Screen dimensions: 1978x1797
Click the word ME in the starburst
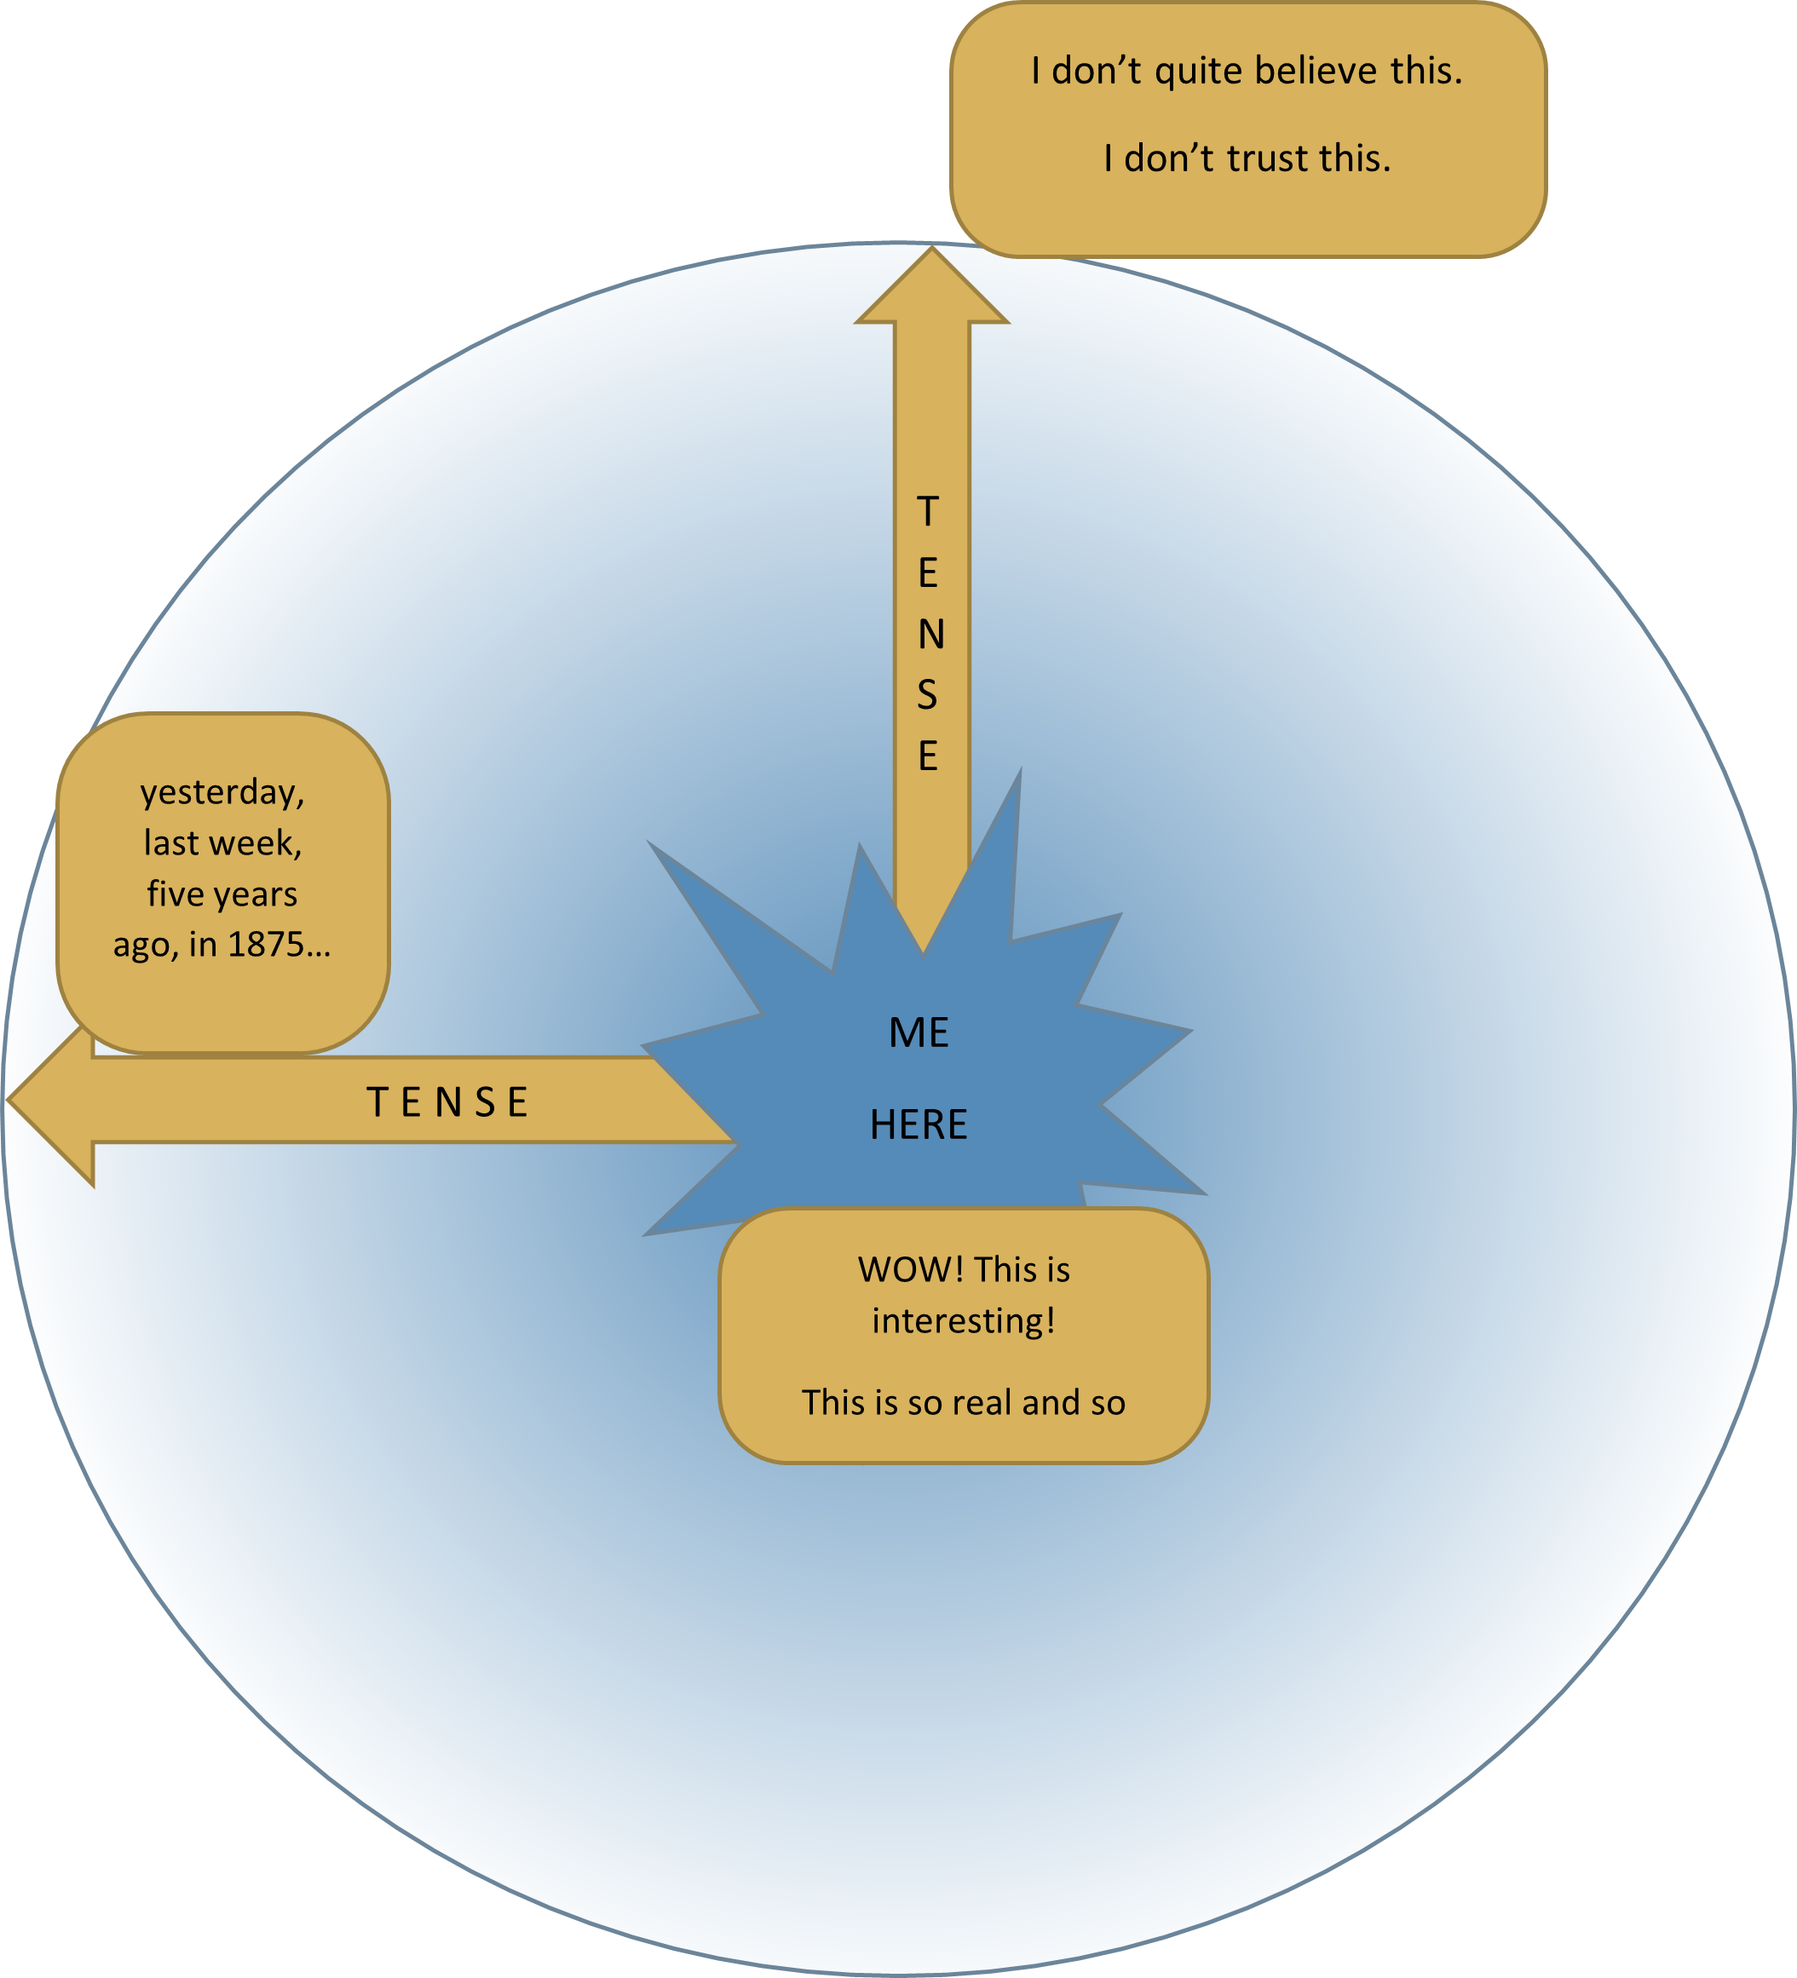[919, 1033]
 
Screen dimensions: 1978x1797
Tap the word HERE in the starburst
[919, 1124]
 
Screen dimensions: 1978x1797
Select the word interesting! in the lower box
[964, 1320]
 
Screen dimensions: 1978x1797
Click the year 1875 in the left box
[265, 944]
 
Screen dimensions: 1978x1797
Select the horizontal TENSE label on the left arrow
[448, 1101]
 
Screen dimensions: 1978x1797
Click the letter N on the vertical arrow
[930, 635]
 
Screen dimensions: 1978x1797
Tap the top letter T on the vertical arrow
[927, 511]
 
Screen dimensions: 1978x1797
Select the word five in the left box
[176, 894]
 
